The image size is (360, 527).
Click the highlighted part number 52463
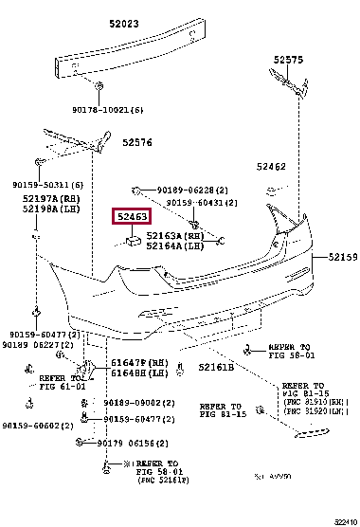click(130, 217)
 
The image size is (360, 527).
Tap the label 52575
click(288, 59)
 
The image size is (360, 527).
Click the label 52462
click(271, 167)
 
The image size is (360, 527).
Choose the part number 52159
click(342, 256)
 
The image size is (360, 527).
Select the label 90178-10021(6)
click(108, 111)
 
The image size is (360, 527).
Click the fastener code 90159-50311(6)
click(47, 184)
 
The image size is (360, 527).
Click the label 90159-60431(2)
click(202, 202)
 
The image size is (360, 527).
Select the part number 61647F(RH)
click(140, 362)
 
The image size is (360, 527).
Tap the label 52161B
click(216, 367)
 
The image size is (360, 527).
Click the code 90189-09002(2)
click(134, 402)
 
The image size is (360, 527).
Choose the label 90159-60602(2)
click(38, 426)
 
